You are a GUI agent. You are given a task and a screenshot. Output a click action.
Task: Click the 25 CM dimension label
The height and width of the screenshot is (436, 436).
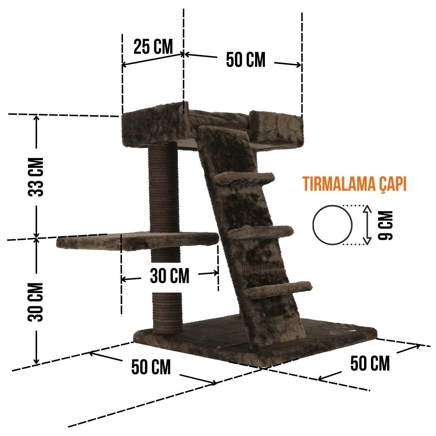[153, 47]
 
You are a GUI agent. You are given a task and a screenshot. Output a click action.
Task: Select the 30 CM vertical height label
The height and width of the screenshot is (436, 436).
[36, 302]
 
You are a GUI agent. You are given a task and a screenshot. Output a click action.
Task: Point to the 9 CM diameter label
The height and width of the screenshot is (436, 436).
[385, 225]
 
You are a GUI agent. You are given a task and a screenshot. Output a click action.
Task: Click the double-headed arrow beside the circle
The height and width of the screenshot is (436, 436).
[367, 225]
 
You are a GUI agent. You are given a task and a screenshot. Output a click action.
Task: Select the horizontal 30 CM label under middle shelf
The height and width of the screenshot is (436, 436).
[169, 276]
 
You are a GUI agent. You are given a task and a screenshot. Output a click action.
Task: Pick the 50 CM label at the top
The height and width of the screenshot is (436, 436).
[246, 60]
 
